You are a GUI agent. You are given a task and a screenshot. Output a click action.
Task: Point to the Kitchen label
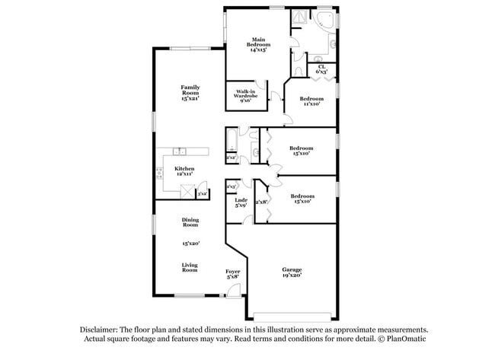[x=184, y=168]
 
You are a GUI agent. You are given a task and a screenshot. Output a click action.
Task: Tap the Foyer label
[x=232, y=271]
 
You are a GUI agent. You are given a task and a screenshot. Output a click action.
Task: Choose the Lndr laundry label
[x=240, y=200]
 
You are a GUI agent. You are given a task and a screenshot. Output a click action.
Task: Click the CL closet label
[x=321, y=67]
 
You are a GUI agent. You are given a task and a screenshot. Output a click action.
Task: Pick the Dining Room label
[x=190, y=222]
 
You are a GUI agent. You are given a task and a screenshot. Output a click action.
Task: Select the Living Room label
[x=190, y=267]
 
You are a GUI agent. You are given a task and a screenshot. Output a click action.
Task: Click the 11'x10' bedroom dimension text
[x=310, y=104]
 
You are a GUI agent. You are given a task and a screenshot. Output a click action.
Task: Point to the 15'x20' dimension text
[x=190, y=244]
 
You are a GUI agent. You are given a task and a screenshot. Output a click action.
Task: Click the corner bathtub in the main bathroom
[x=326, y=21]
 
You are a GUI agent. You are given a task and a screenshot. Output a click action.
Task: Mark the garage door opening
[x=292, y=316]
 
